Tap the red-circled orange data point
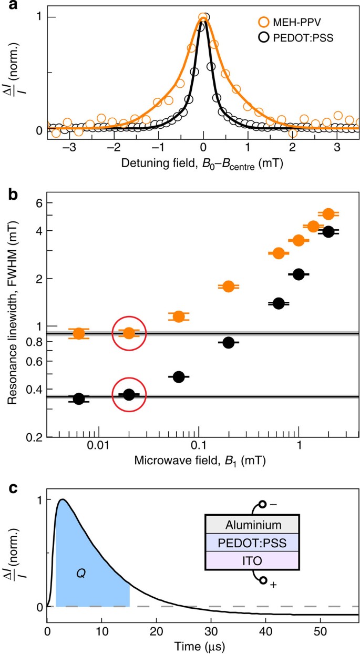129,333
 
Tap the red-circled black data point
129,395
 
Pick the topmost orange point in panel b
328,213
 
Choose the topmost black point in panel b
328,231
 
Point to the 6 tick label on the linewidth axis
35,203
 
